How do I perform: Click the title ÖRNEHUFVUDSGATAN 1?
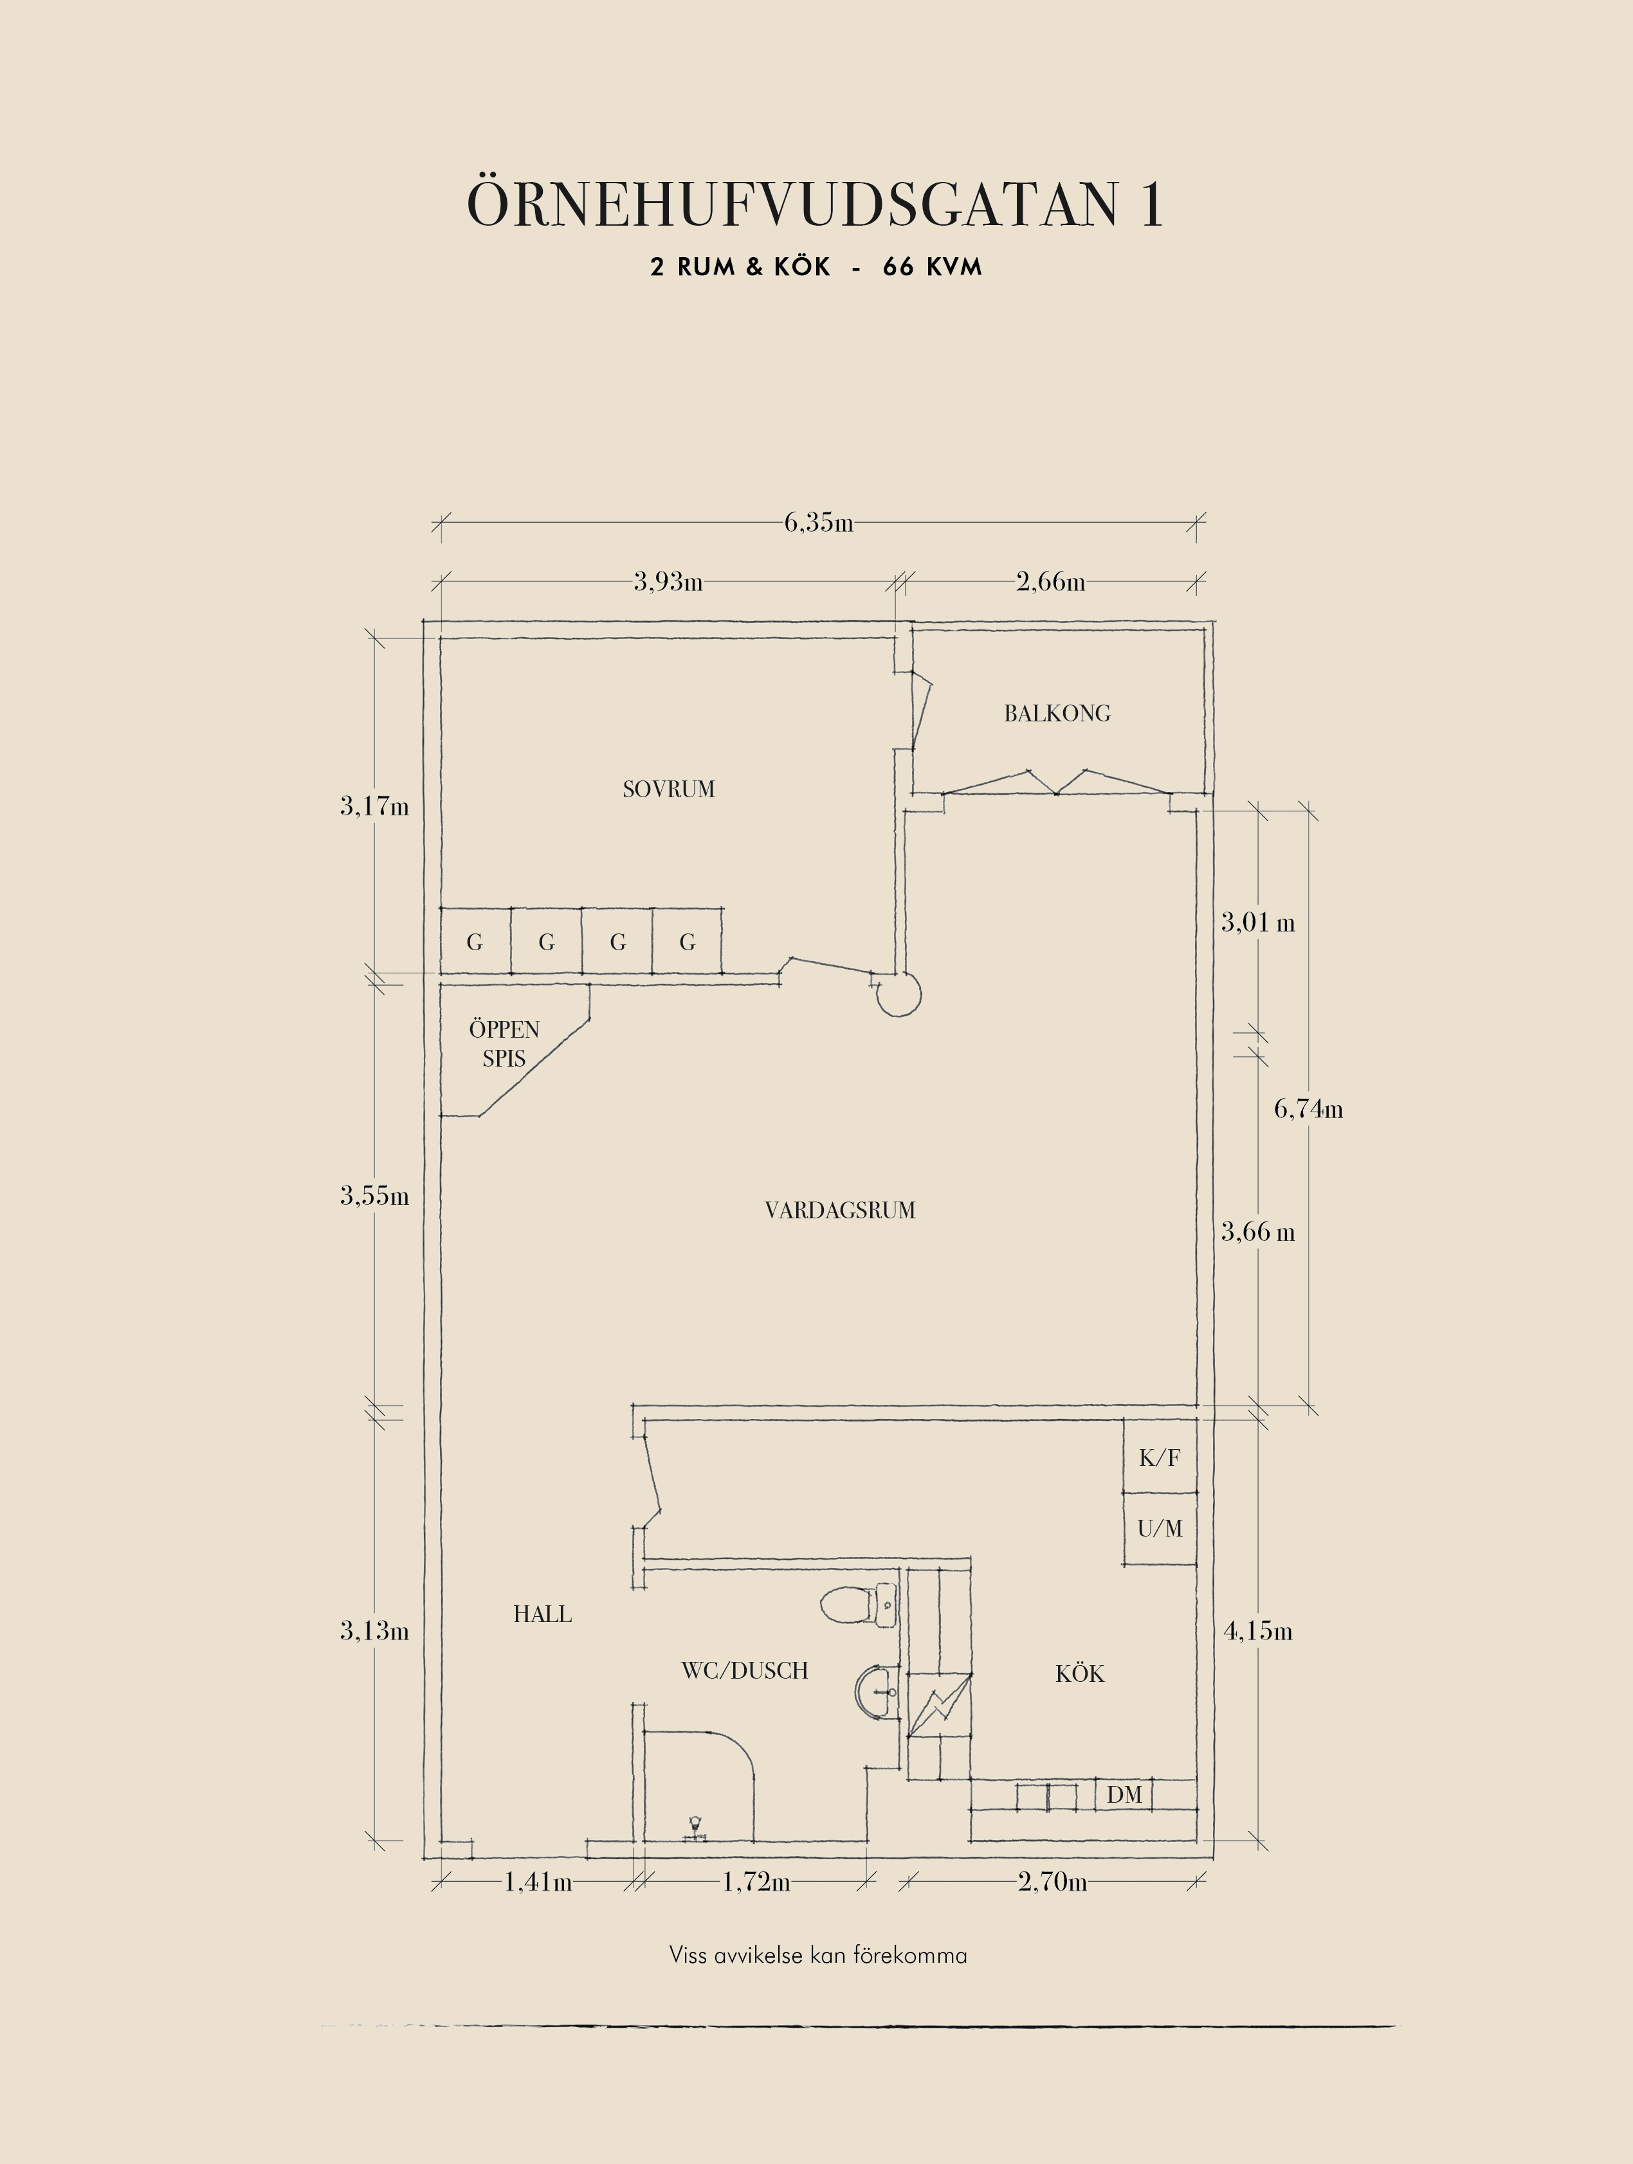pyautogui.click(x=815, y=204)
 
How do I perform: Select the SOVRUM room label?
pyautogui.click(x=670, y=789)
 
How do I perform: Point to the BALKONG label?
pyautogui.click(x=1057, y=714)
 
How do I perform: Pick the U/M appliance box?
pyautogui.click(x=1160, y=1528)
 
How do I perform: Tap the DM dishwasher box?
pyautogui.click(x=1124, y=1795)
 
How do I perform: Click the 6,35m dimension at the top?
pyautogui.click(x=818, y=523)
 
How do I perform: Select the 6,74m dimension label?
pyautogui.click(x=1308, y=1110)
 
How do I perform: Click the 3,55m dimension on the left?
pyautogui.click(x=375, y=1196)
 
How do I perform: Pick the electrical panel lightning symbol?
pyautogui.click(x=939, y=1705)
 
